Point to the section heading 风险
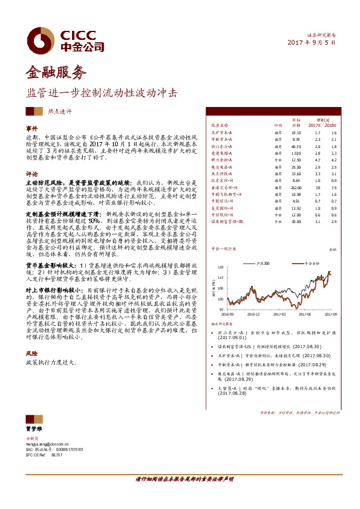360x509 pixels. [x=31, y=352]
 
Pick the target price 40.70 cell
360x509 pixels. [x=296, y=146]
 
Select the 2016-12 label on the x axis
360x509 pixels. [x=254, y=314]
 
